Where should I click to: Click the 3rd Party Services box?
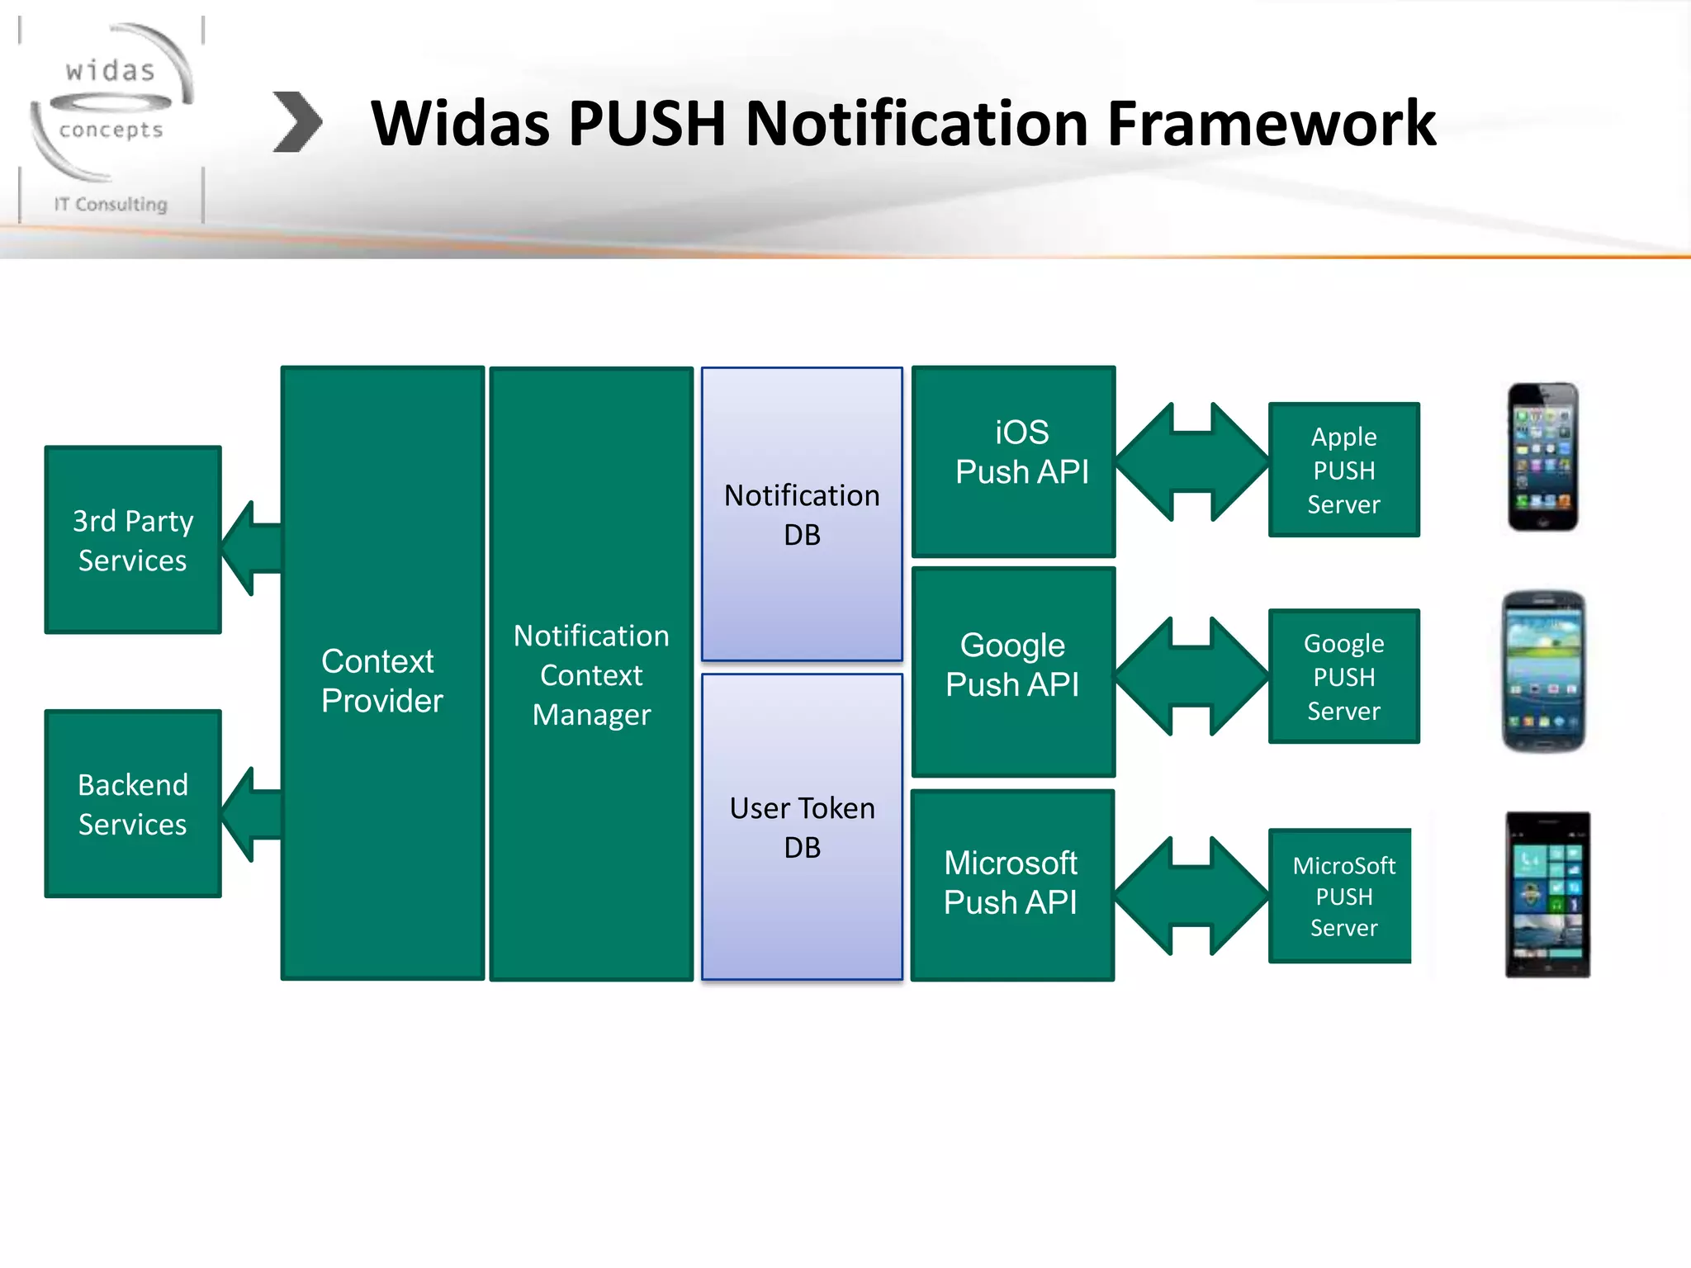[x=133, y=540]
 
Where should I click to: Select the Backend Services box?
[x=133, y=803]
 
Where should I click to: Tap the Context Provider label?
[x=381, y=681]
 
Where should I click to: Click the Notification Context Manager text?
[x=591, y=675]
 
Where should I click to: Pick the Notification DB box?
[x=802, y=514]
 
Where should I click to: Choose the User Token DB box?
[x=802, y=827]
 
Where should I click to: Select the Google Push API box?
[x=1013, y=671]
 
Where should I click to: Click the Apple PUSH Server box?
[x=1343, y=470]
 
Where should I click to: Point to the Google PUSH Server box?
[x=1343, y=676]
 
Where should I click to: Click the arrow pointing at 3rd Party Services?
[x=252, y=548]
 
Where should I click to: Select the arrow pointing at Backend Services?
[x=252, y=815]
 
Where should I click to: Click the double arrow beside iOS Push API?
[x=1191, y=461]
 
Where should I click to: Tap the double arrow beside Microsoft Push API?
[x=1191, y=896]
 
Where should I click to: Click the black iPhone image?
[x=1542, y=457]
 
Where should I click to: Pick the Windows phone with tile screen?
[x=1547, y=895]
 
